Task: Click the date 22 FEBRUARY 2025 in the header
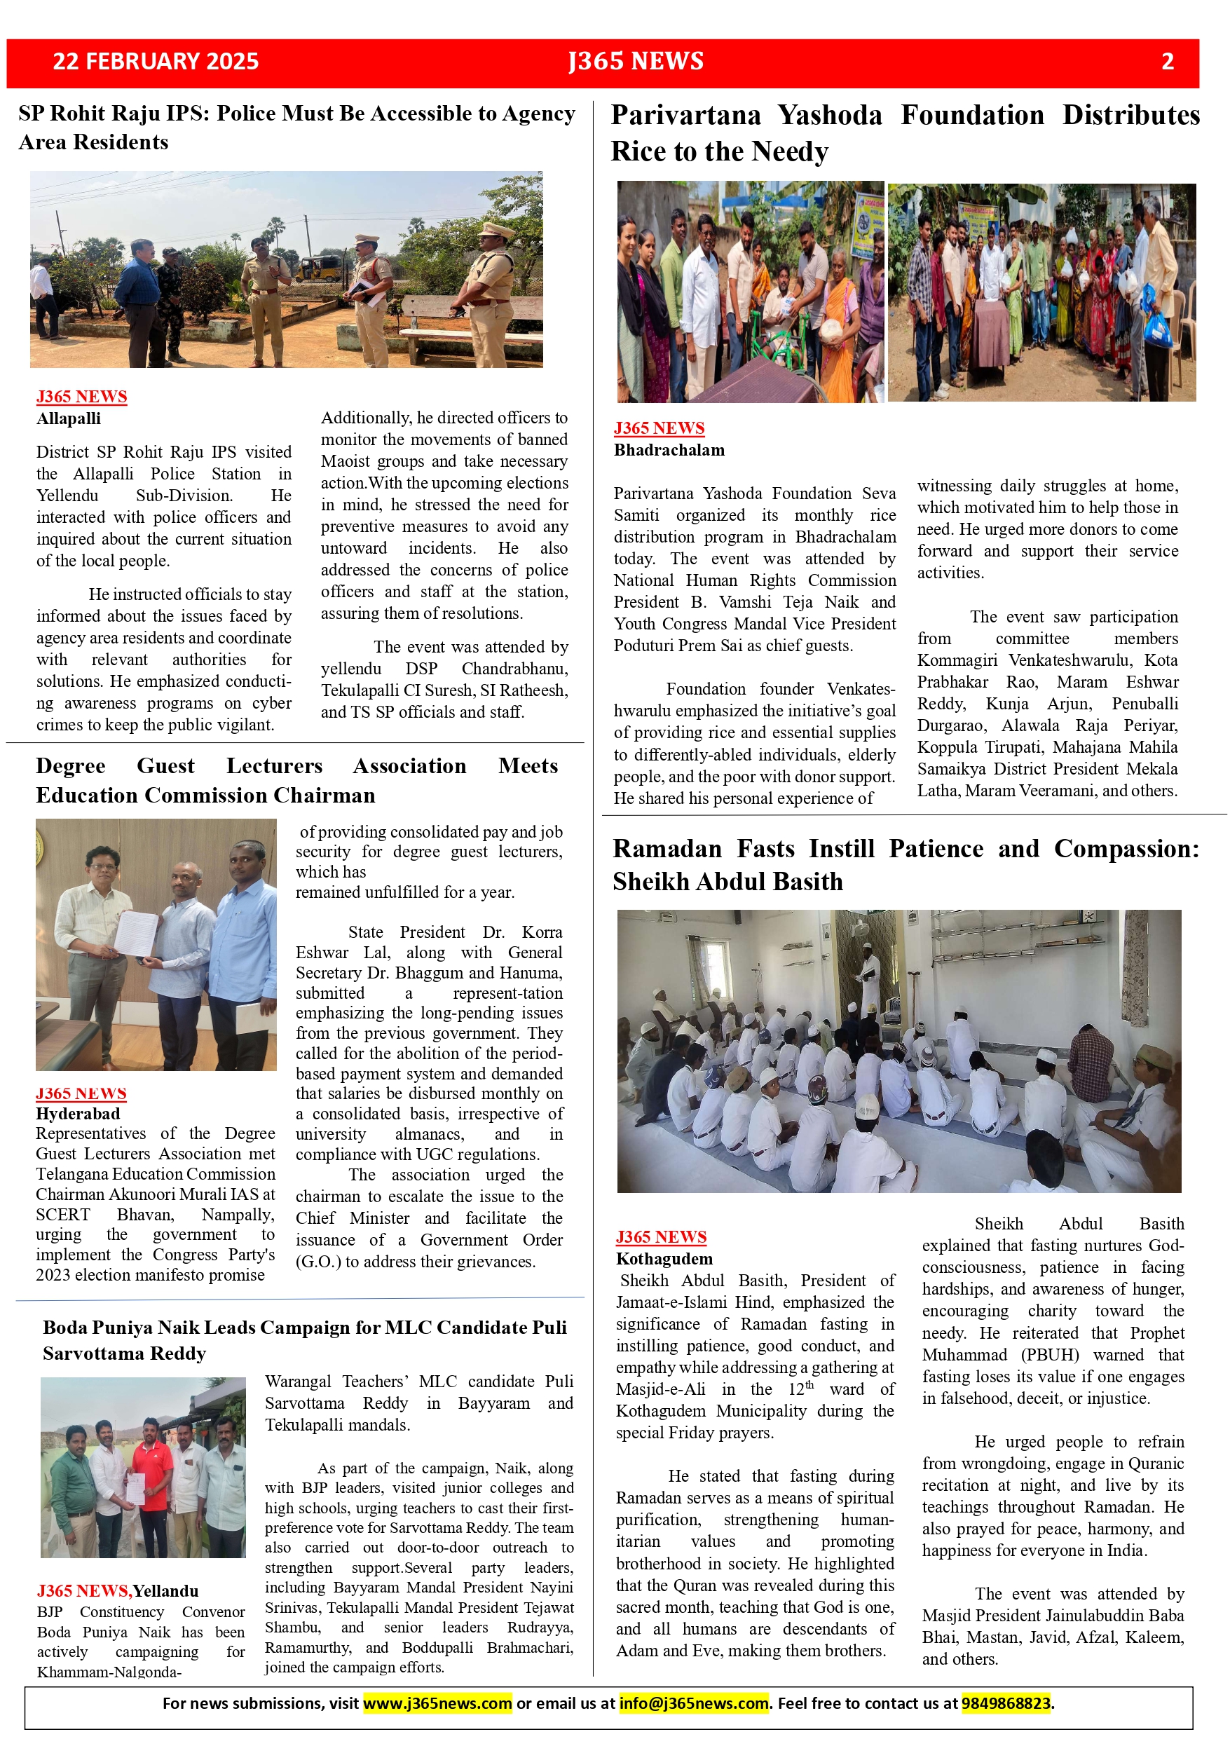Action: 156,62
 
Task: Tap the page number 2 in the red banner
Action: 1167,62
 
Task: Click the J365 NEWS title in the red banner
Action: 636,62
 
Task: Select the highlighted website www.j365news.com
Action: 437,1703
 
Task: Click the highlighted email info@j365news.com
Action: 693,1703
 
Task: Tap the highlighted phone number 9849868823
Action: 1005,1703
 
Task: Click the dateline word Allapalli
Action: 68,419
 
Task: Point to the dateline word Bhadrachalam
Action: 669,450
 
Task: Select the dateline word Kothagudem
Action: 664,1259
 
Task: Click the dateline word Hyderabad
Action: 77,1113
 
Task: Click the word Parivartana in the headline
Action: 685,116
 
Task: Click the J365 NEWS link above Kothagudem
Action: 660,1237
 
